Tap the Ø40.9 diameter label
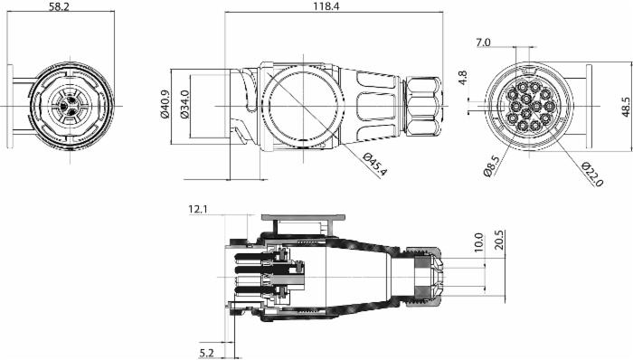point(165,104)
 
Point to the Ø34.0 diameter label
point(184,104)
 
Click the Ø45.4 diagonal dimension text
point(374,165)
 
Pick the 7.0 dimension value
point(483,42)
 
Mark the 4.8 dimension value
point(463,78)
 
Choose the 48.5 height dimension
point(626,107)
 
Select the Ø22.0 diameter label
point(592,175)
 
